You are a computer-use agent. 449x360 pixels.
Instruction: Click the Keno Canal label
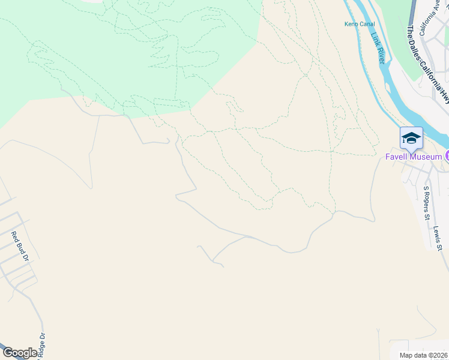tap(359, 24)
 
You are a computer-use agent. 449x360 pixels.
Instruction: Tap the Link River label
tap(379, 48)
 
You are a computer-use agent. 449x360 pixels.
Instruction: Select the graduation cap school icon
tap(411, 137)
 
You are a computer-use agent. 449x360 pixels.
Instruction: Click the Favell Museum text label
tap(414, 157)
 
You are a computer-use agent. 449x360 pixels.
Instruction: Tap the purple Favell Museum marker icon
tap(447, 157)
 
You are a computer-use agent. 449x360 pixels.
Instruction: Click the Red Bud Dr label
tap(20, 247)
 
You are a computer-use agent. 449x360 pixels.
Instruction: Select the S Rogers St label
tap(427, 203)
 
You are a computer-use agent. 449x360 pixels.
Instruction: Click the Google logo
tap(19, 353)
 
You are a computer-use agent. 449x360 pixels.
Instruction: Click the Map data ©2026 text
tap(423, 355)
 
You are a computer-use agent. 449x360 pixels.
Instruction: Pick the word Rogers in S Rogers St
tap(427, 201)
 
